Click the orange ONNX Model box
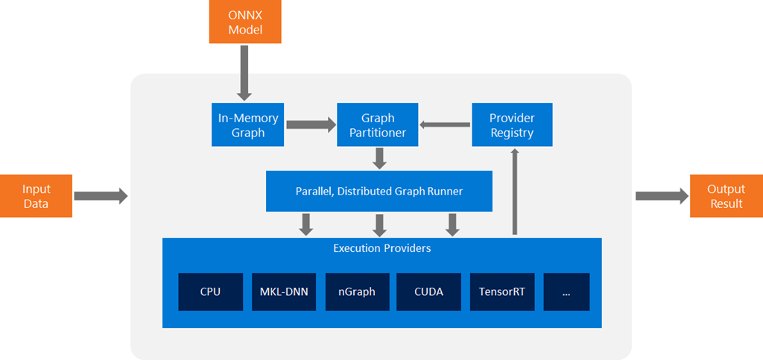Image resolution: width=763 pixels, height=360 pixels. click(x=245, y=21)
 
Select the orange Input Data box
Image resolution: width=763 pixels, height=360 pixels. click(x=37, y=196)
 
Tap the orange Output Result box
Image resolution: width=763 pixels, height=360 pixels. click(x=726, y=196)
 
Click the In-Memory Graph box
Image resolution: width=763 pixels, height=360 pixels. click(x=248, y=125)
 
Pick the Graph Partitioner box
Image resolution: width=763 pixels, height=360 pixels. click(x=378, y=125)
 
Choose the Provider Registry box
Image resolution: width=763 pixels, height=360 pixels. click(x=512, y=125)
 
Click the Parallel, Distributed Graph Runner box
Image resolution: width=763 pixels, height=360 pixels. click(x=379, y=192)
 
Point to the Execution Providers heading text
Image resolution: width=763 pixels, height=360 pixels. click(x=381, y=248)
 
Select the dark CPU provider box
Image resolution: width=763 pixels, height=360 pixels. click(x=210, y=291)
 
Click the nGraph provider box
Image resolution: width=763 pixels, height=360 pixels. click(x=356, y=291)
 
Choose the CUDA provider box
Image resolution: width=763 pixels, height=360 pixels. click(x=428, y=291)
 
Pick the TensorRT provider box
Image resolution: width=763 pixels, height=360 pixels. click(x=501, y=291)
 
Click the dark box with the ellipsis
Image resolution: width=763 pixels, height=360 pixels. click(x=566, y=291)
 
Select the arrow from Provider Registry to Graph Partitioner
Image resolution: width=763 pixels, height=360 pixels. click(x=445, y=125)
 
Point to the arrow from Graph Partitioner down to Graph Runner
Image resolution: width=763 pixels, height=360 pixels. click(x=379, y=158)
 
